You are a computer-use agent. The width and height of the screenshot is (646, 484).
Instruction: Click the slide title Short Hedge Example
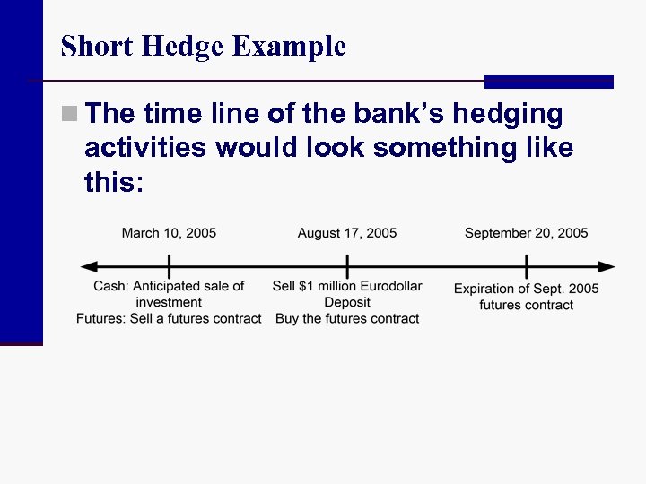(x=203, y=46)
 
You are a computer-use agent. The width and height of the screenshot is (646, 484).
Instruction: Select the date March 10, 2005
(x=169, y=233)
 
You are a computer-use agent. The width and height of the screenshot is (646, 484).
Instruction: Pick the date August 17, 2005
(x=347, y=233)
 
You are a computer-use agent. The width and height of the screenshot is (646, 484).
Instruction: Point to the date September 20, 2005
(x=527, y=233)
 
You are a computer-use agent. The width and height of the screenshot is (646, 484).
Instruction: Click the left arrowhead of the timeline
(x=88, y=267)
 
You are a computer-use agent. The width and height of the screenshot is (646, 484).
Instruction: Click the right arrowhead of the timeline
(x=608, y=267)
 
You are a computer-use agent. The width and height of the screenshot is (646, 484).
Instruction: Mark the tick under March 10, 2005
(x=169, y=267)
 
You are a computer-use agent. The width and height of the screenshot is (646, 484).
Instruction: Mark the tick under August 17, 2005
(x=347, y=267)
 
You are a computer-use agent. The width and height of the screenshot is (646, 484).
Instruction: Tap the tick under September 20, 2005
(x=527, y=267)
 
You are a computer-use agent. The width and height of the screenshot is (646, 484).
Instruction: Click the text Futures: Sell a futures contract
(x=169, y=318)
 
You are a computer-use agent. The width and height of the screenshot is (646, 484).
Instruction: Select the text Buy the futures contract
(x=347, y=318)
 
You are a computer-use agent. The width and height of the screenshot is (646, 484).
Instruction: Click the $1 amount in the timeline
(x=309, y=286)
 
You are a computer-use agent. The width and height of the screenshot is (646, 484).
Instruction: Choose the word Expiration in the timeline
(x=484, y=289)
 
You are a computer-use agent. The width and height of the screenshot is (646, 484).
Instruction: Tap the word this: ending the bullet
(x=113, y=182)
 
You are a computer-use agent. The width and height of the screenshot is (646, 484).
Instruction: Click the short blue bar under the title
(x=548, y=82)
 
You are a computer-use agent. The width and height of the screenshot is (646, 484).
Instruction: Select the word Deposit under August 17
(x=347, y=302)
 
